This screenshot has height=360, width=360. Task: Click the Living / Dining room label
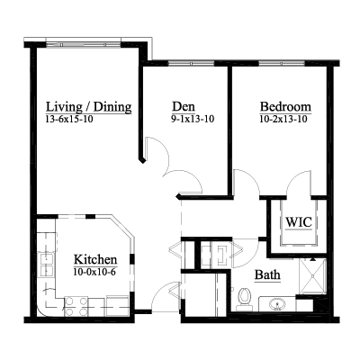(x=89, y=107)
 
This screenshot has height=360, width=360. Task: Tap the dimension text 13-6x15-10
(x=69, y=120)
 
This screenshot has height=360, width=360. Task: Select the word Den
(x=184, y=106)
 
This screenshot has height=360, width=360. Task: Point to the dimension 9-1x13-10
(x=193, y=119)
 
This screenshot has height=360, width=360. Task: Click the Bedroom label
(x=285, y=106)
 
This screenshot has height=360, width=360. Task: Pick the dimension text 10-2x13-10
(x=283, y=119)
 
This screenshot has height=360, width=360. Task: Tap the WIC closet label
(x=299, y=222)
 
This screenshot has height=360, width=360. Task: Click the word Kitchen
(x=95, y=259)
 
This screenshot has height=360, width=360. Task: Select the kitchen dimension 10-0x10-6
(x=94, y=272)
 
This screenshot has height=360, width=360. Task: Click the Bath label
(x=267, y=274)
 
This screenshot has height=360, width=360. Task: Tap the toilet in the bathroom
(x=244, y=299)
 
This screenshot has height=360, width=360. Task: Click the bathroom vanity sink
(x=277, y=305)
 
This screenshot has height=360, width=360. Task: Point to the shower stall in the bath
(x=312, y=274)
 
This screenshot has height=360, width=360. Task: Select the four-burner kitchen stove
(x=76, y=306)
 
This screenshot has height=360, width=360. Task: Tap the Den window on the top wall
(x=191, y=63)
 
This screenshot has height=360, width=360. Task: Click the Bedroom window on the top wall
(x=282, y=63)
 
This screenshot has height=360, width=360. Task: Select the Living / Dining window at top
(x=84, y=45)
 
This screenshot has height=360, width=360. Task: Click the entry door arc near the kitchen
(x=159, y=291)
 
